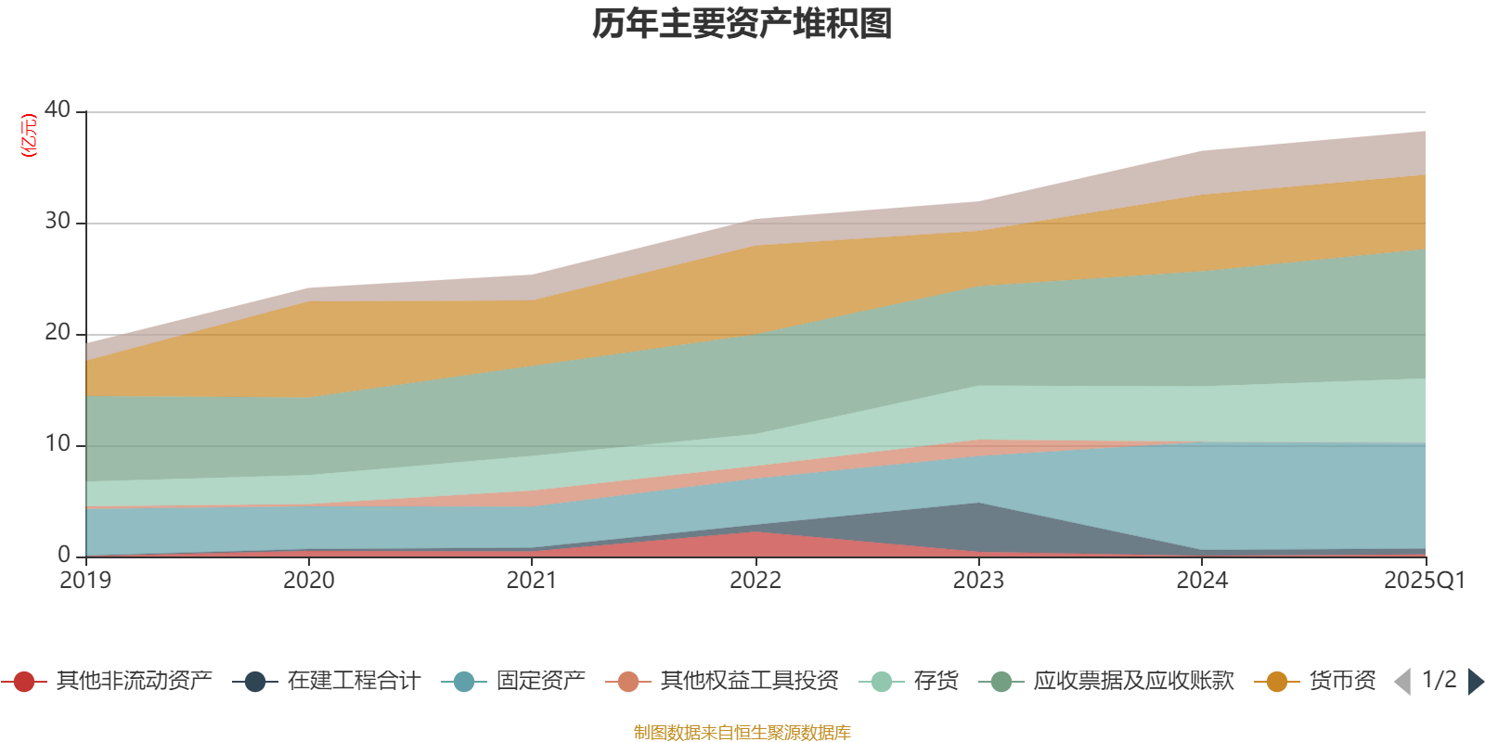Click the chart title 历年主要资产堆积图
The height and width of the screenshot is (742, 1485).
pyautogui.click(x=742, y=24)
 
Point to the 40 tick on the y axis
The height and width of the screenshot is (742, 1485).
pyautogui.click(x=58, y=109)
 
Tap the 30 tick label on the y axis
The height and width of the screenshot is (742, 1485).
pyautogui.click(x=58, y=221)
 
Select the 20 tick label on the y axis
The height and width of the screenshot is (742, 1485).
pyautogui.click(x=58, y=332)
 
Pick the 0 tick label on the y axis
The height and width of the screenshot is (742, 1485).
pyautogui.click(x=64, y=555)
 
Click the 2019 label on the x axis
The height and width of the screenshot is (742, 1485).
pyautogui.click(x=85, y=581)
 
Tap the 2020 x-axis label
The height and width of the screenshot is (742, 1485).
pyautogui.click(x=309, y=581)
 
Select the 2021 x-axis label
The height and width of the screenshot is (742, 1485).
pyautogui.click(x=532, y=581)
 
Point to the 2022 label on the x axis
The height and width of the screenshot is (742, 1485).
pyautogui.click(x=755, y=581)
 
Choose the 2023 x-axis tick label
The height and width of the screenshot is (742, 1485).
pyautogui.click(x=978, y=581)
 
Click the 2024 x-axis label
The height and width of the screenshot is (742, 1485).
pyautogui.click(x=1202, y=581)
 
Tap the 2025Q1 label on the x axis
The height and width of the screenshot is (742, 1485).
pyautogui.click(x=1424, y=581)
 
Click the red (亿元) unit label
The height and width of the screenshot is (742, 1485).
pyautogui.click(x=29, y=135)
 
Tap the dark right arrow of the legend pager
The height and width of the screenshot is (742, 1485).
pyautogui.click(x=1475, y=682)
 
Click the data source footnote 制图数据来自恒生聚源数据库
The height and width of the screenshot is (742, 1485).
pyautogui.click(x=742, y=733)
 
